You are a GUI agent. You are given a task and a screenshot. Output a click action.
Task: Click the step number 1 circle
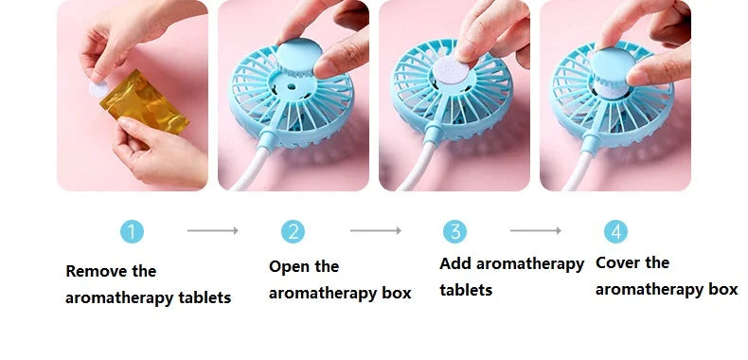[x=133, y=231]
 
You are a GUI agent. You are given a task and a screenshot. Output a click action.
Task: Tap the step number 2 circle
[x=293, y=231]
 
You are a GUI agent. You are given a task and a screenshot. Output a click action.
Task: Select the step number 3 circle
[x=455, y=231]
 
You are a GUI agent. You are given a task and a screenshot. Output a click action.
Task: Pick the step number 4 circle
[x=615, y=231]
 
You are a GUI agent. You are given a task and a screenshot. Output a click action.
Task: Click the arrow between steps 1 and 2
[x=213, y=230]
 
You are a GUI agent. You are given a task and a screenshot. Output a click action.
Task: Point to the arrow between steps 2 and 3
[x=376, y=230]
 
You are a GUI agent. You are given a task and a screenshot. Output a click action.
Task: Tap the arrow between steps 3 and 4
[x=536, y=230]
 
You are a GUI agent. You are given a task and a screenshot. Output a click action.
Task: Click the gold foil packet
[x=144, y=102]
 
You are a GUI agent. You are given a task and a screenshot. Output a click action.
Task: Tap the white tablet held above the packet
[x=98, y=89]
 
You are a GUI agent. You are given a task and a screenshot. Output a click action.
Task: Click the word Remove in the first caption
[x=97, y=271]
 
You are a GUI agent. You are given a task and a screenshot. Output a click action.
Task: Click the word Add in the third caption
[x=455, y=263]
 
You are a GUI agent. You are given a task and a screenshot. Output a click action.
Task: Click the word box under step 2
[x=397, y=293]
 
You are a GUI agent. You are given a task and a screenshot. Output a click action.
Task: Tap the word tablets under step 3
[x=466, y=290]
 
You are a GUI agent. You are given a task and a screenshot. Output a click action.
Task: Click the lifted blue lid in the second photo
[x=299, y=56]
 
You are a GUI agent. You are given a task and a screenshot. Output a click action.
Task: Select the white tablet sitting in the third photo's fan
[x=451, y=71]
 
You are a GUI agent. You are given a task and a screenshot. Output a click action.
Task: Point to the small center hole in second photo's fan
[x=291, y=88]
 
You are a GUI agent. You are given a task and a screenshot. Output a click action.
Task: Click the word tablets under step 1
[x=205, y=297]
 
